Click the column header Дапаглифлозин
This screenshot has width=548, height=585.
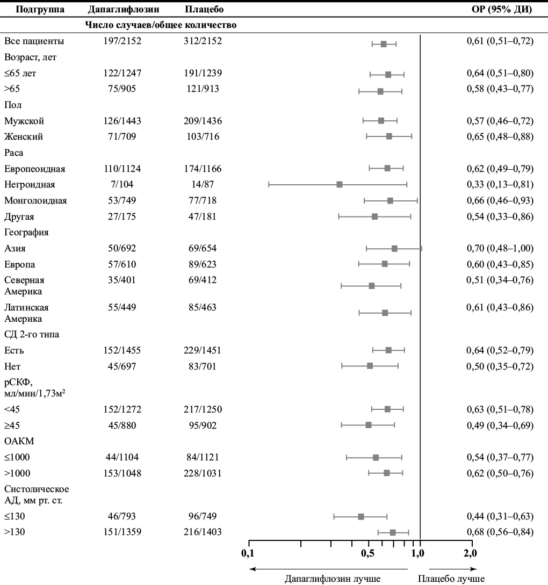(123, 9)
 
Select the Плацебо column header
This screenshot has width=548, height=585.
(204, 9)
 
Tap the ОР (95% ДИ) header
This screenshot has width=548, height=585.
(502, 9)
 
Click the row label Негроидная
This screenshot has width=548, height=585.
(30, 184)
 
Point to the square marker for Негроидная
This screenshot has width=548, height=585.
(340, 184)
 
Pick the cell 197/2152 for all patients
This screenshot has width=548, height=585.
(122, 41)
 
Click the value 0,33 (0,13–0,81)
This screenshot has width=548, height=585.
(500, 184)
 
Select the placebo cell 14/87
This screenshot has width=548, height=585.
(203, 184)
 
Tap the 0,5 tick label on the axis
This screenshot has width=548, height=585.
(368, 553)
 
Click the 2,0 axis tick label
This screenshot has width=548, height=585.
(470, 553)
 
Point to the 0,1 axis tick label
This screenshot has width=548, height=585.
(248, 553)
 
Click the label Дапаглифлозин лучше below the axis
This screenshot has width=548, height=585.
(333, 579)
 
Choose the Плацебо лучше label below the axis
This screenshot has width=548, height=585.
(451, 579)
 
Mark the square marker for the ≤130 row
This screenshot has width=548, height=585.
(361, 517)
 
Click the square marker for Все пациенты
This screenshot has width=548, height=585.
(384, 44)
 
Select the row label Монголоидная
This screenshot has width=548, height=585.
(35, 200)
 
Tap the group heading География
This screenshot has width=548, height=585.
(26, 233)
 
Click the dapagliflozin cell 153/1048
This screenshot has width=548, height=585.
(122, 473)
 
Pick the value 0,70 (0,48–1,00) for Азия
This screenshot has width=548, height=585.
(500, 248)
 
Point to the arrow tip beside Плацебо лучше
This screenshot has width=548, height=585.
(477, 569)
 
